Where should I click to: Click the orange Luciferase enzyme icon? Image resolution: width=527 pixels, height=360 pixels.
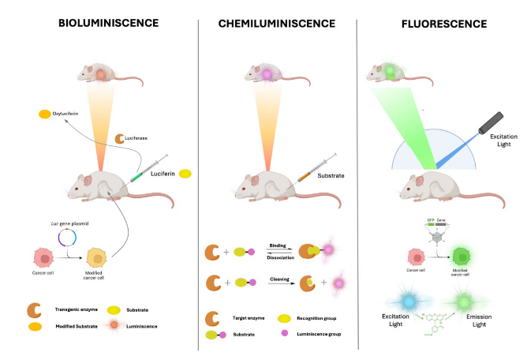[x=121, y=139]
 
